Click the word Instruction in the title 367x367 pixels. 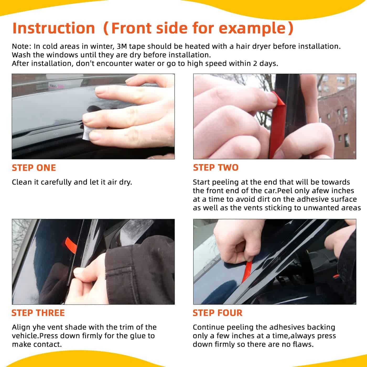coord(54,28)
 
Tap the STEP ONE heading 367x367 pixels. coord(34,168)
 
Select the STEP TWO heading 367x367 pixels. coord(215,168)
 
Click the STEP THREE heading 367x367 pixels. coord(38,313)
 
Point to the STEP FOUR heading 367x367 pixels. coord(217,313)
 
